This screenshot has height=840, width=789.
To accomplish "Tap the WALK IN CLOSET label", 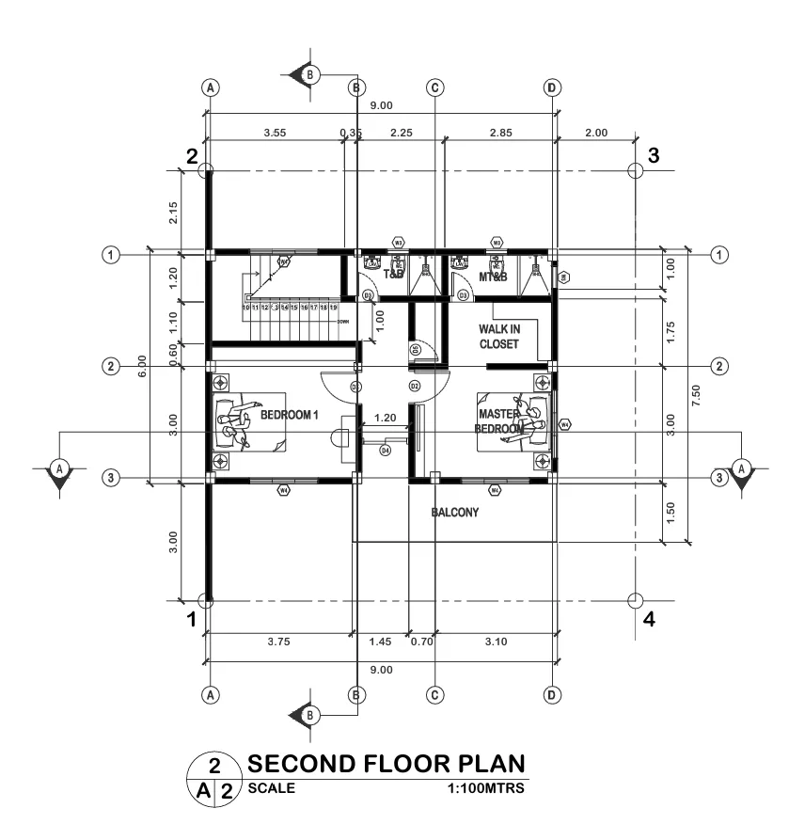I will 498,337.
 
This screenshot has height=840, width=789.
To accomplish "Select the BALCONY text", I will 455,513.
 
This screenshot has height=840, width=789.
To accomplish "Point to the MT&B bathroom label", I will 494,276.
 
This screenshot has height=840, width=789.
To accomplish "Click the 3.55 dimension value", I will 275,133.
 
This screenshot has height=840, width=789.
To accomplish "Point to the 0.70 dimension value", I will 422,642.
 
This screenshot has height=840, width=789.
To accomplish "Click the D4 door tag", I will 385,452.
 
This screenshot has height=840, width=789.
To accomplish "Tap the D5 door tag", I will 415,350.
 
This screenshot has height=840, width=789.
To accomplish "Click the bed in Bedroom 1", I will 249,422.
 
